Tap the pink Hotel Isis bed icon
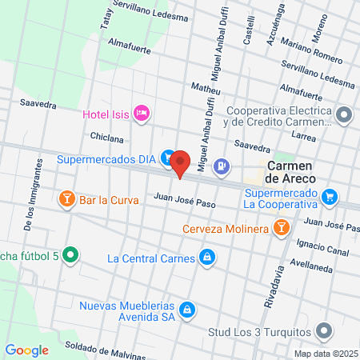[142, 113]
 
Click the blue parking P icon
[222, 166]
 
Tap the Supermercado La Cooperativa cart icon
[330, 196]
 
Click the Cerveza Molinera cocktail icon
[281, 229]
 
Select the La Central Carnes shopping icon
[207, 258]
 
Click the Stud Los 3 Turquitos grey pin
[324, 330]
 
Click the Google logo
[26, 350]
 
